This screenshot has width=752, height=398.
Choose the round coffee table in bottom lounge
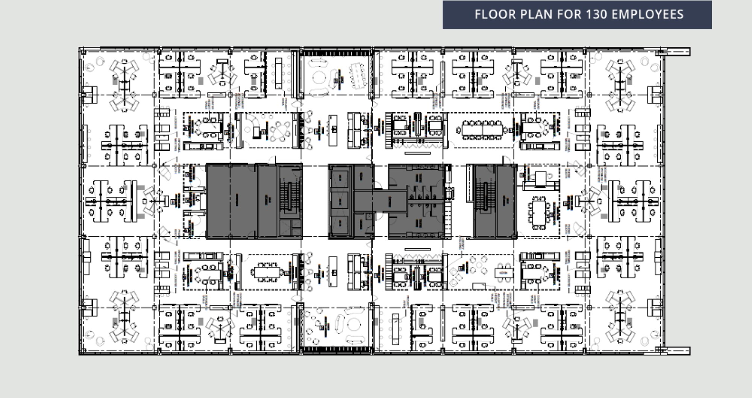353,324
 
